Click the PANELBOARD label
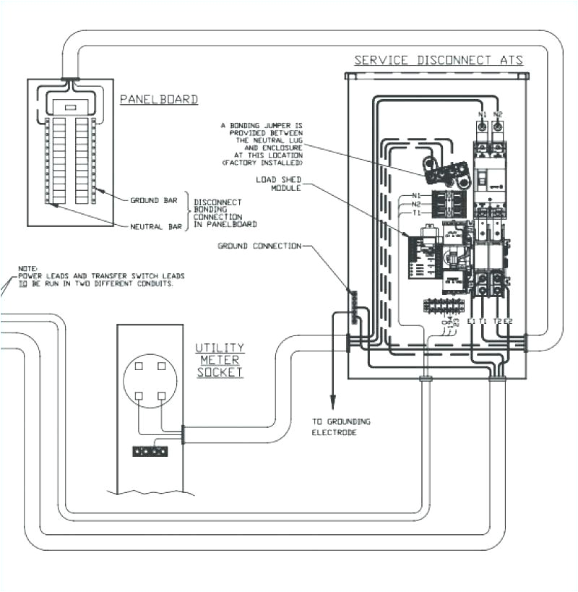coord(158,99)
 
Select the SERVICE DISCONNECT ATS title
coord(439,60)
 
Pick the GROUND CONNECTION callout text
coord(259,246)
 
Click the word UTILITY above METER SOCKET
coord(220,348)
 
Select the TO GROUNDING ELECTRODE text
coord(341,426)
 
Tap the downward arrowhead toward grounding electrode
coord(333,403)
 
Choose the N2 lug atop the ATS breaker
coord(497,114)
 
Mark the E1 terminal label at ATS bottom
coord(471,320)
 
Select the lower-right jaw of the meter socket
coord(162,395)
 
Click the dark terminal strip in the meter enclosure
coord(150,451)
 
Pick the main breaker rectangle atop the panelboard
coord(71,107)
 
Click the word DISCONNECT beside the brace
coord(218,202)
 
